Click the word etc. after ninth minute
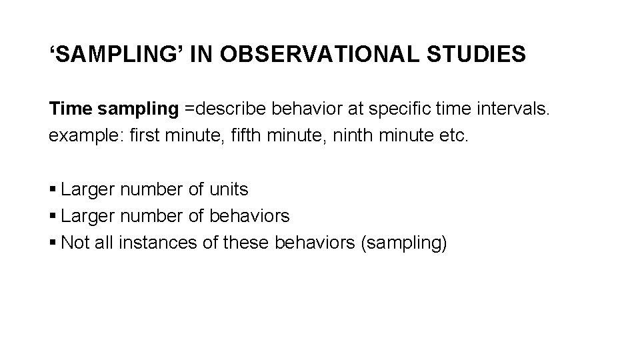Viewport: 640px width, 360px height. pos(457,136)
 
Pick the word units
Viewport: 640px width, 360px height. pos(228,190)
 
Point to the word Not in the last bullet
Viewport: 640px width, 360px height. pos(74,243)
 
